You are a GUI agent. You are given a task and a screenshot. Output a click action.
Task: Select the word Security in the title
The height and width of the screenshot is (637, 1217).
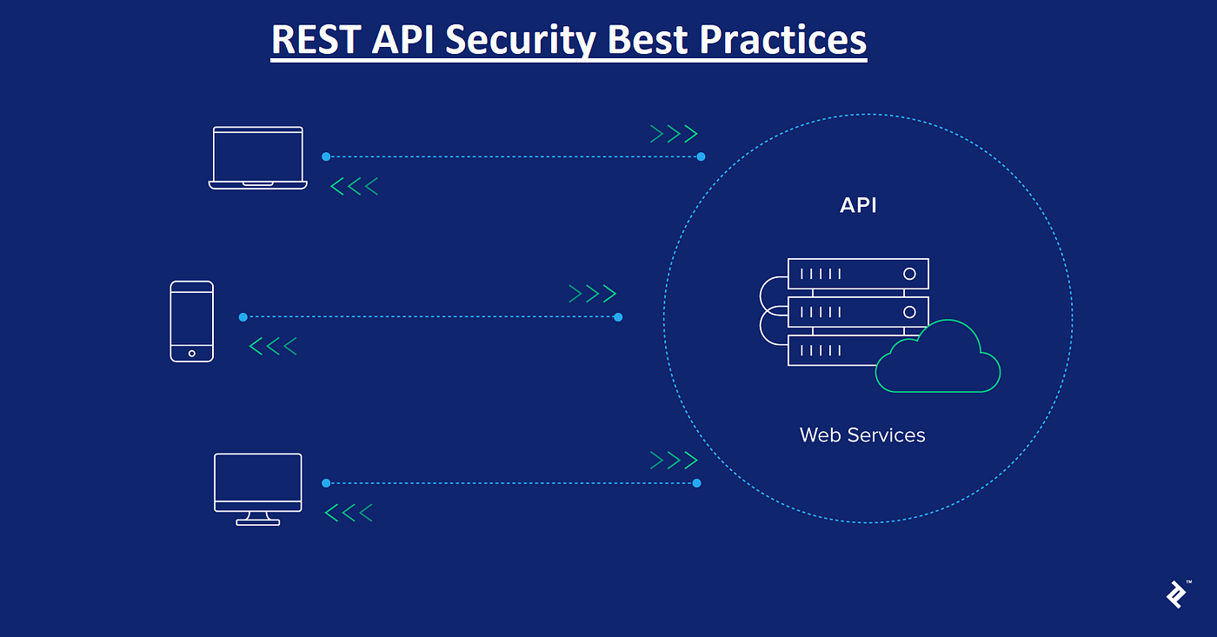coord(521,41)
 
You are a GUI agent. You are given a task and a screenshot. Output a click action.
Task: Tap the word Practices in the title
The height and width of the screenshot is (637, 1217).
coord(782,40)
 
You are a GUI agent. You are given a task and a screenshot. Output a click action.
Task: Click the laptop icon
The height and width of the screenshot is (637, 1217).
coord(258,158)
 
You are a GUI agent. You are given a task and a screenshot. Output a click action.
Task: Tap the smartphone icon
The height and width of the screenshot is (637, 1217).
coord(192,322)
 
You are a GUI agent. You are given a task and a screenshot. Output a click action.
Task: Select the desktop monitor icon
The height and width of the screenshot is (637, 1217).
coord(258,489)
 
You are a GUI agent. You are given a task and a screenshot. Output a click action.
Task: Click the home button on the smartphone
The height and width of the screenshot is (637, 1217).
coord(192,354)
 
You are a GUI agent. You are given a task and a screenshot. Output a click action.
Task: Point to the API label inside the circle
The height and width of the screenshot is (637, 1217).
coord(858,205)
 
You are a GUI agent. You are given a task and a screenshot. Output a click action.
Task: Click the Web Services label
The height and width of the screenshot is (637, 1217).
coord(862,435)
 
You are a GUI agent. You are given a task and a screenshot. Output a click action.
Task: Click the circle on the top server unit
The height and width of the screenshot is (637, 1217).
coord(909,274)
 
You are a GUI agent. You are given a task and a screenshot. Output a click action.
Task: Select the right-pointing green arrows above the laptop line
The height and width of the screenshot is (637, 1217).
coord(674,134)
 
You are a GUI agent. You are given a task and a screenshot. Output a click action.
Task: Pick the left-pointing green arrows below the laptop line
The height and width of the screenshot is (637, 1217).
coord(355,186)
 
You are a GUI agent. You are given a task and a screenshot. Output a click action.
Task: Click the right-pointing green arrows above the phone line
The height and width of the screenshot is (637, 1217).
coord(592,294)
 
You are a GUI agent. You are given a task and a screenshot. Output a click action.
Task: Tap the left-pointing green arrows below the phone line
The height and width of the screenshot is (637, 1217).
coord(273,346)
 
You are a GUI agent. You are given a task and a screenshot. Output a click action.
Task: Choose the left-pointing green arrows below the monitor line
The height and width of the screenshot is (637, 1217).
coord(349,513)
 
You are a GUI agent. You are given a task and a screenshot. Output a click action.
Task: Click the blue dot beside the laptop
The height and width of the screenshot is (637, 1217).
coord(326,157)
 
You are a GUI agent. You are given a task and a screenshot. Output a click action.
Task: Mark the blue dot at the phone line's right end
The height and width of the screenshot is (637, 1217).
coord(618,317)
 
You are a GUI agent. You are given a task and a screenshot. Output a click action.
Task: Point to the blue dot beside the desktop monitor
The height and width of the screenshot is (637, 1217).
coord(326,483)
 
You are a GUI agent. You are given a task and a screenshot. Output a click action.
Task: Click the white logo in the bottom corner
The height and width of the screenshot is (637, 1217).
coord(1177,594)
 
